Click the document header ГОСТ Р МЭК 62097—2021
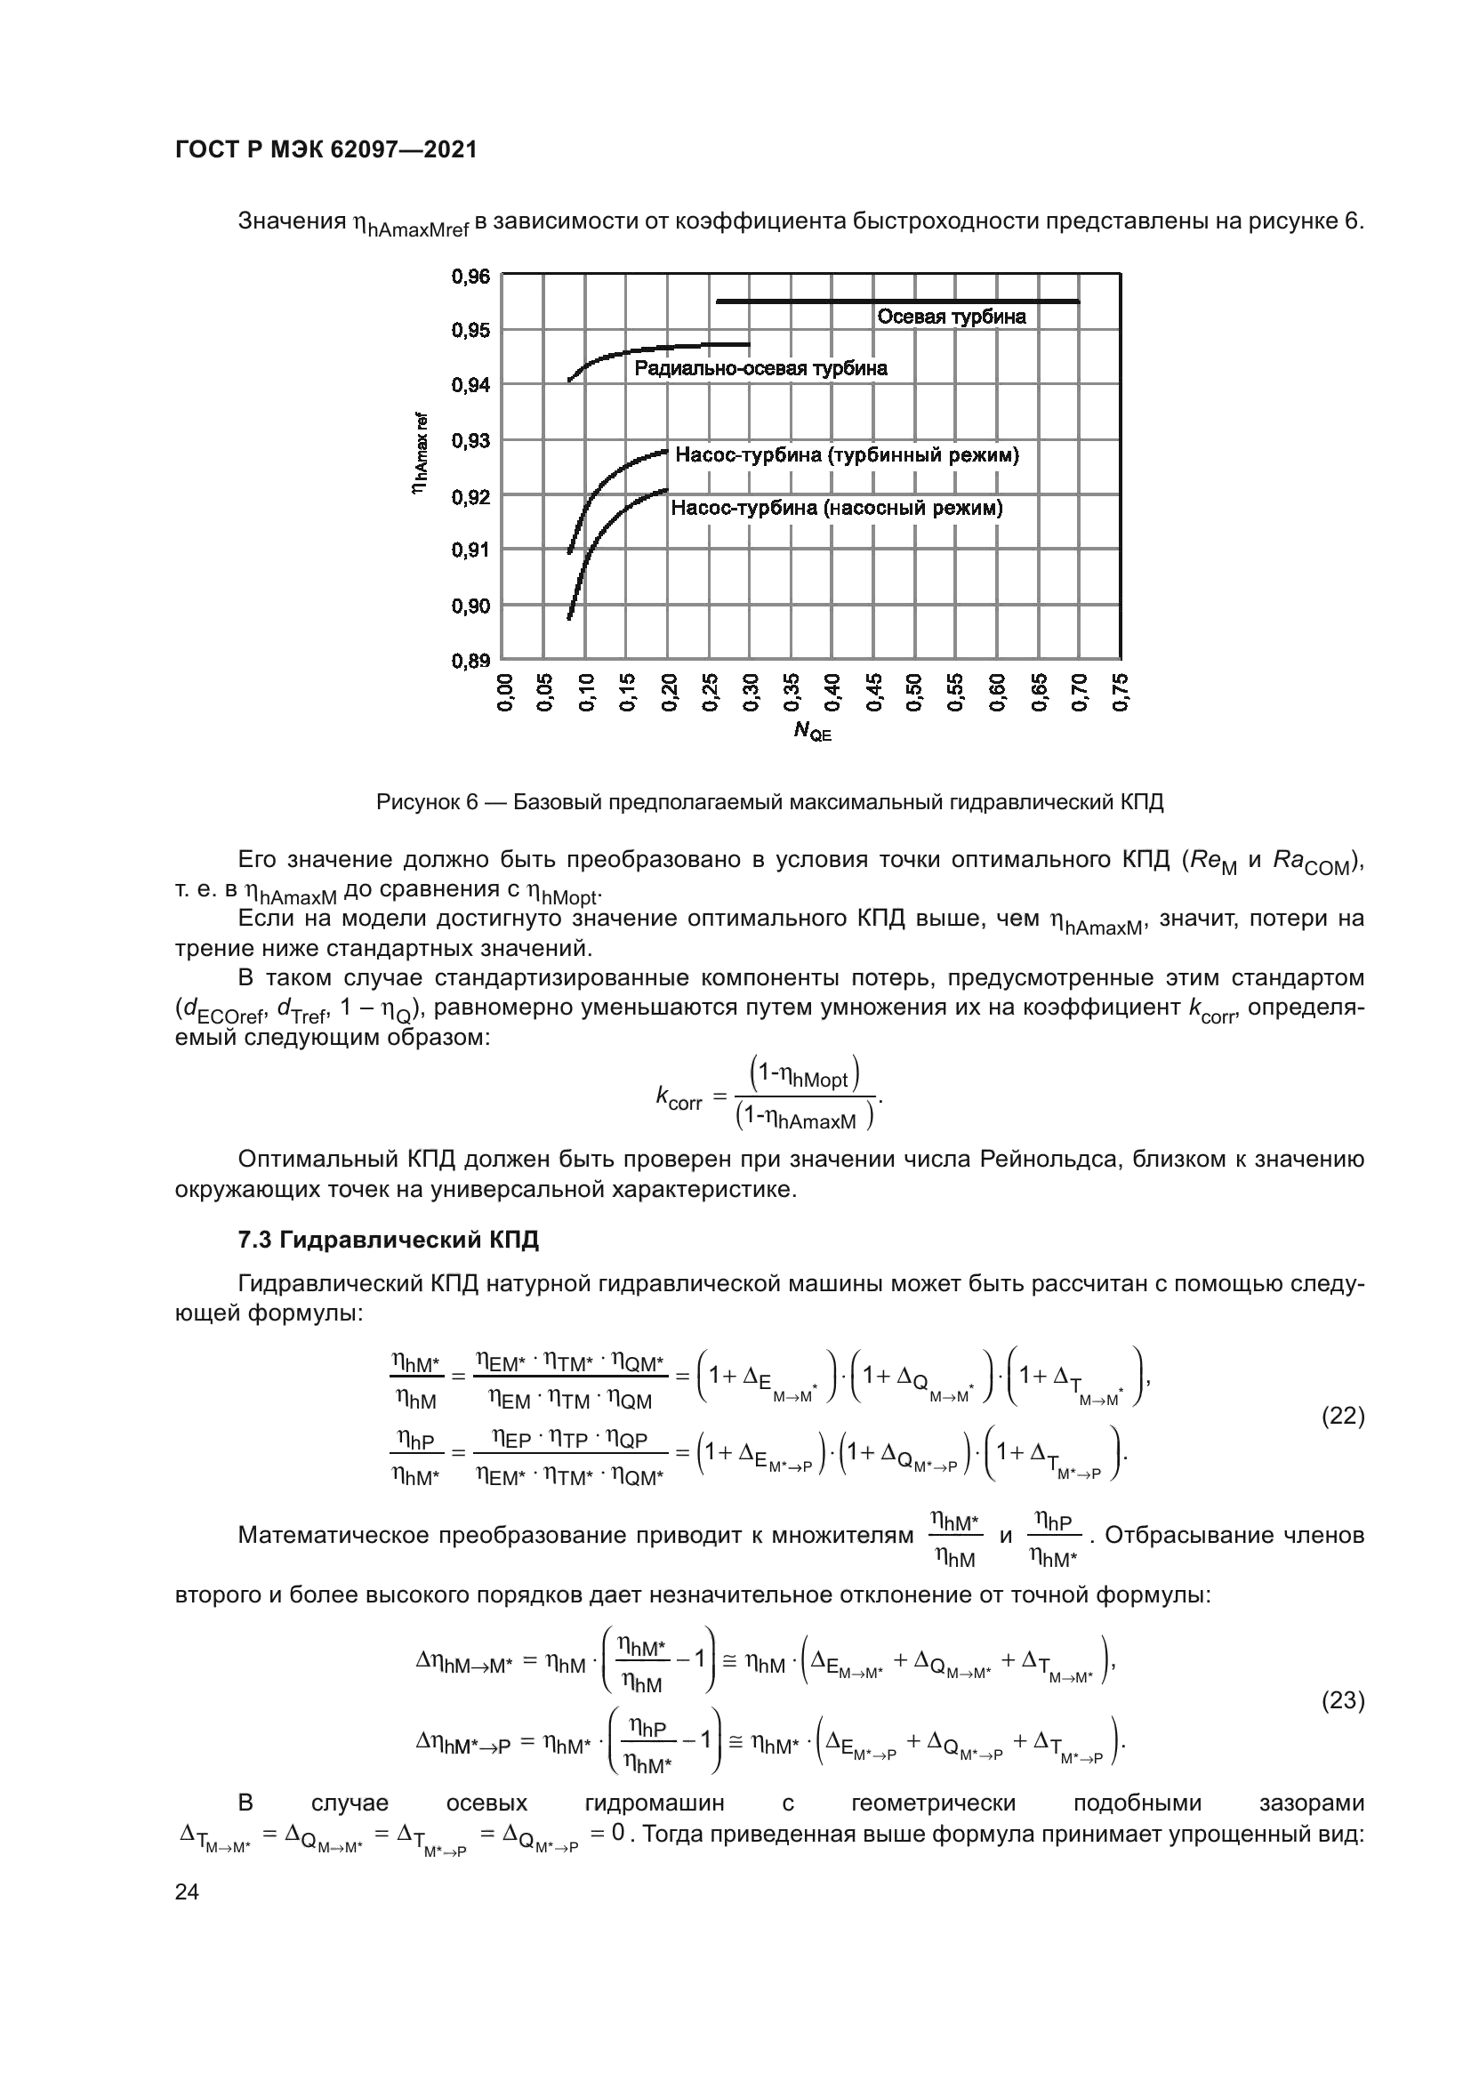coord(326,150)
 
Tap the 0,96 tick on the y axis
coord(470,276)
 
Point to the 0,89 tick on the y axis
coord(470,661)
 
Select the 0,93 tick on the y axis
coord(470,440)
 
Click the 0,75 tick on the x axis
coord(1121,692)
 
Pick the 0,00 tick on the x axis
coord(503,692)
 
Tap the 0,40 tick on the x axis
coord(832,692)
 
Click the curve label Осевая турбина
coord(951,317)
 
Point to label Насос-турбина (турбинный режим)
coord(847,455)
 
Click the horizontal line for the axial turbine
coord(896,301)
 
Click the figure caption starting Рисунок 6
coord(770,803)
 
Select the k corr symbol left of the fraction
coord(679,1098)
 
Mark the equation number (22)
coord(1343,1416)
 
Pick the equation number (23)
coord(1343,1701)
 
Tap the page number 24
coord(188,1891)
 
